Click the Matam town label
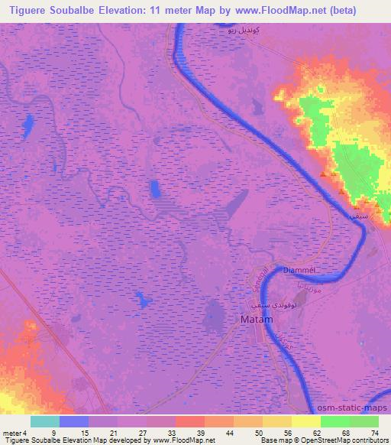tap(256, 320)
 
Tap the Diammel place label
tap(299, 270)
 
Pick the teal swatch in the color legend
tap(45, 422)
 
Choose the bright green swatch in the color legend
tap(334, 422)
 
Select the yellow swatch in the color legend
tap(305, 422)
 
